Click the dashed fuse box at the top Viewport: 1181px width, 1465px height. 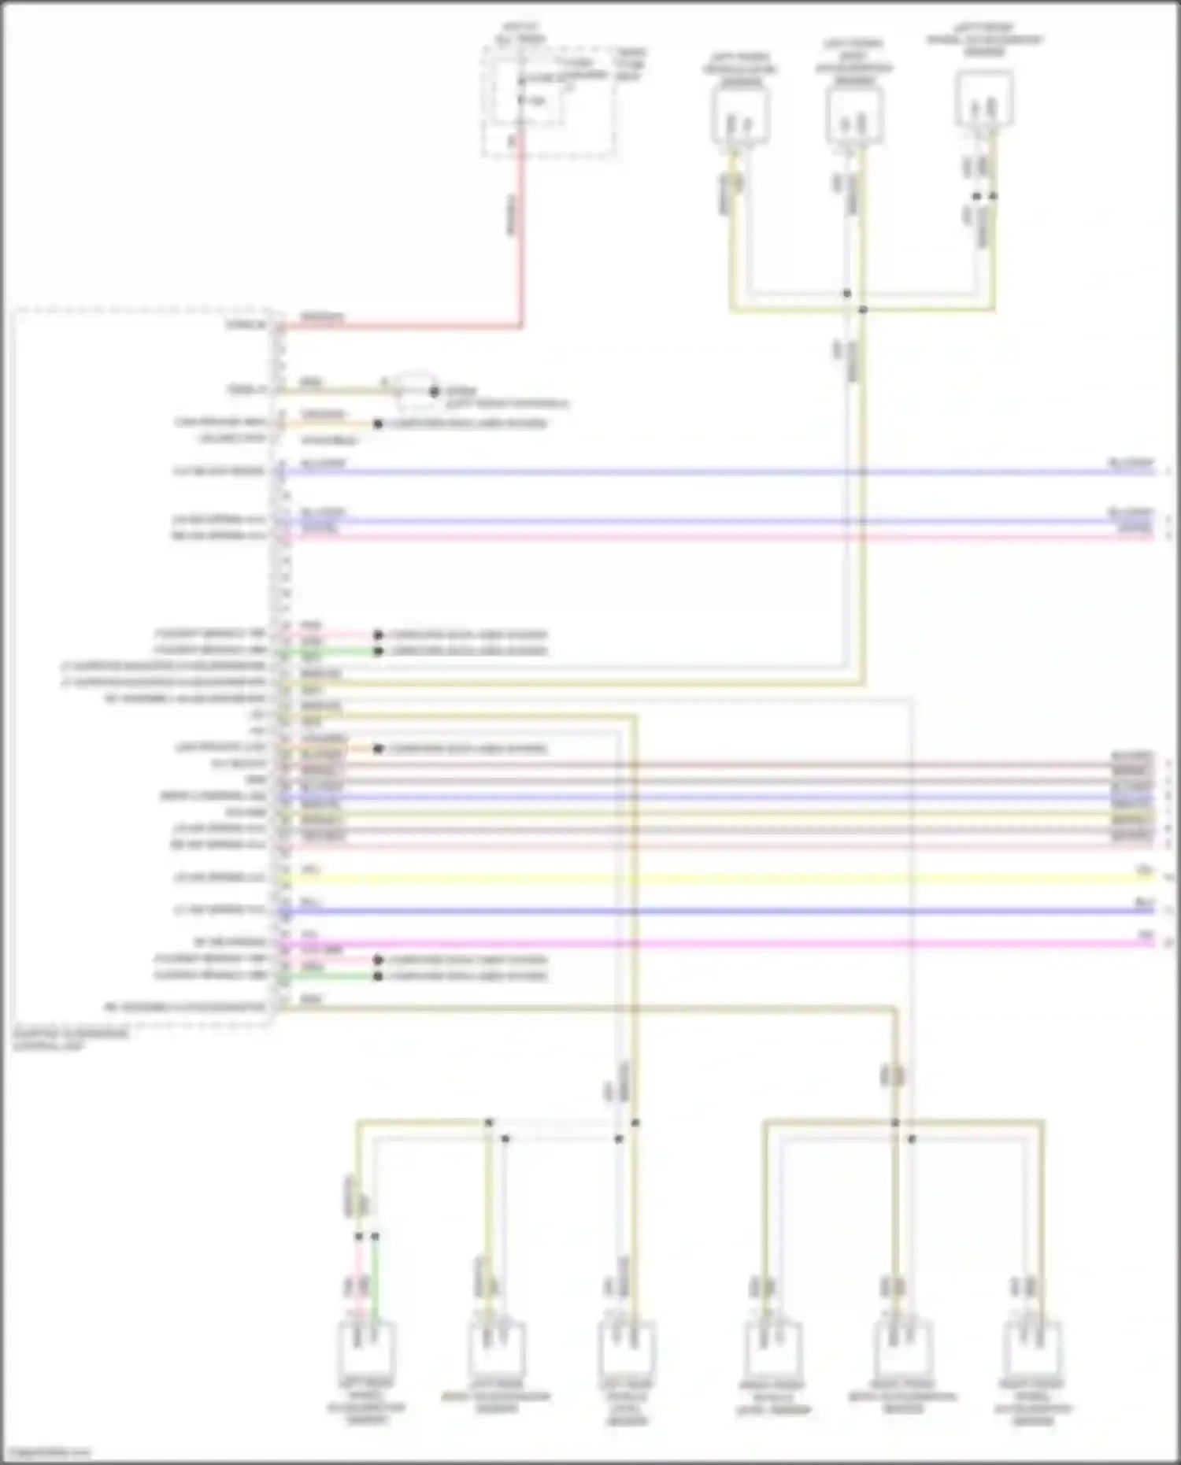549,101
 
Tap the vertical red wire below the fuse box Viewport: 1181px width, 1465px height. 520,236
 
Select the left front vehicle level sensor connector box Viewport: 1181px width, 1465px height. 740,117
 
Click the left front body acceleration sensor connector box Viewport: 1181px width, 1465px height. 854,117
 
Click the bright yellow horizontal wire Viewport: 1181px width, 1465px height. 709,879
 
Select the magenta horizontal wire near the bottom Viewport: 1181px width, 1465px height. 709,943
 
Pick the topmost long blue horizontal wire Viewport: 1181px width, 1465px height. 709,472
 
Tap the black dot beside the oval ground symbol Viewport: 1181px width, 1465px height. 434,391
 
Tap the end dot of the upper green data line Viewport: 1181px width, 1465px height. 378,651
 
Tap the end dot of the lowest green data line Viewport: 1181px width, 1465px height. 378,976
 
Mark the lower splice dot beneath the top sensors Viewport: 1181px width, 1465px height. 863,310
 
